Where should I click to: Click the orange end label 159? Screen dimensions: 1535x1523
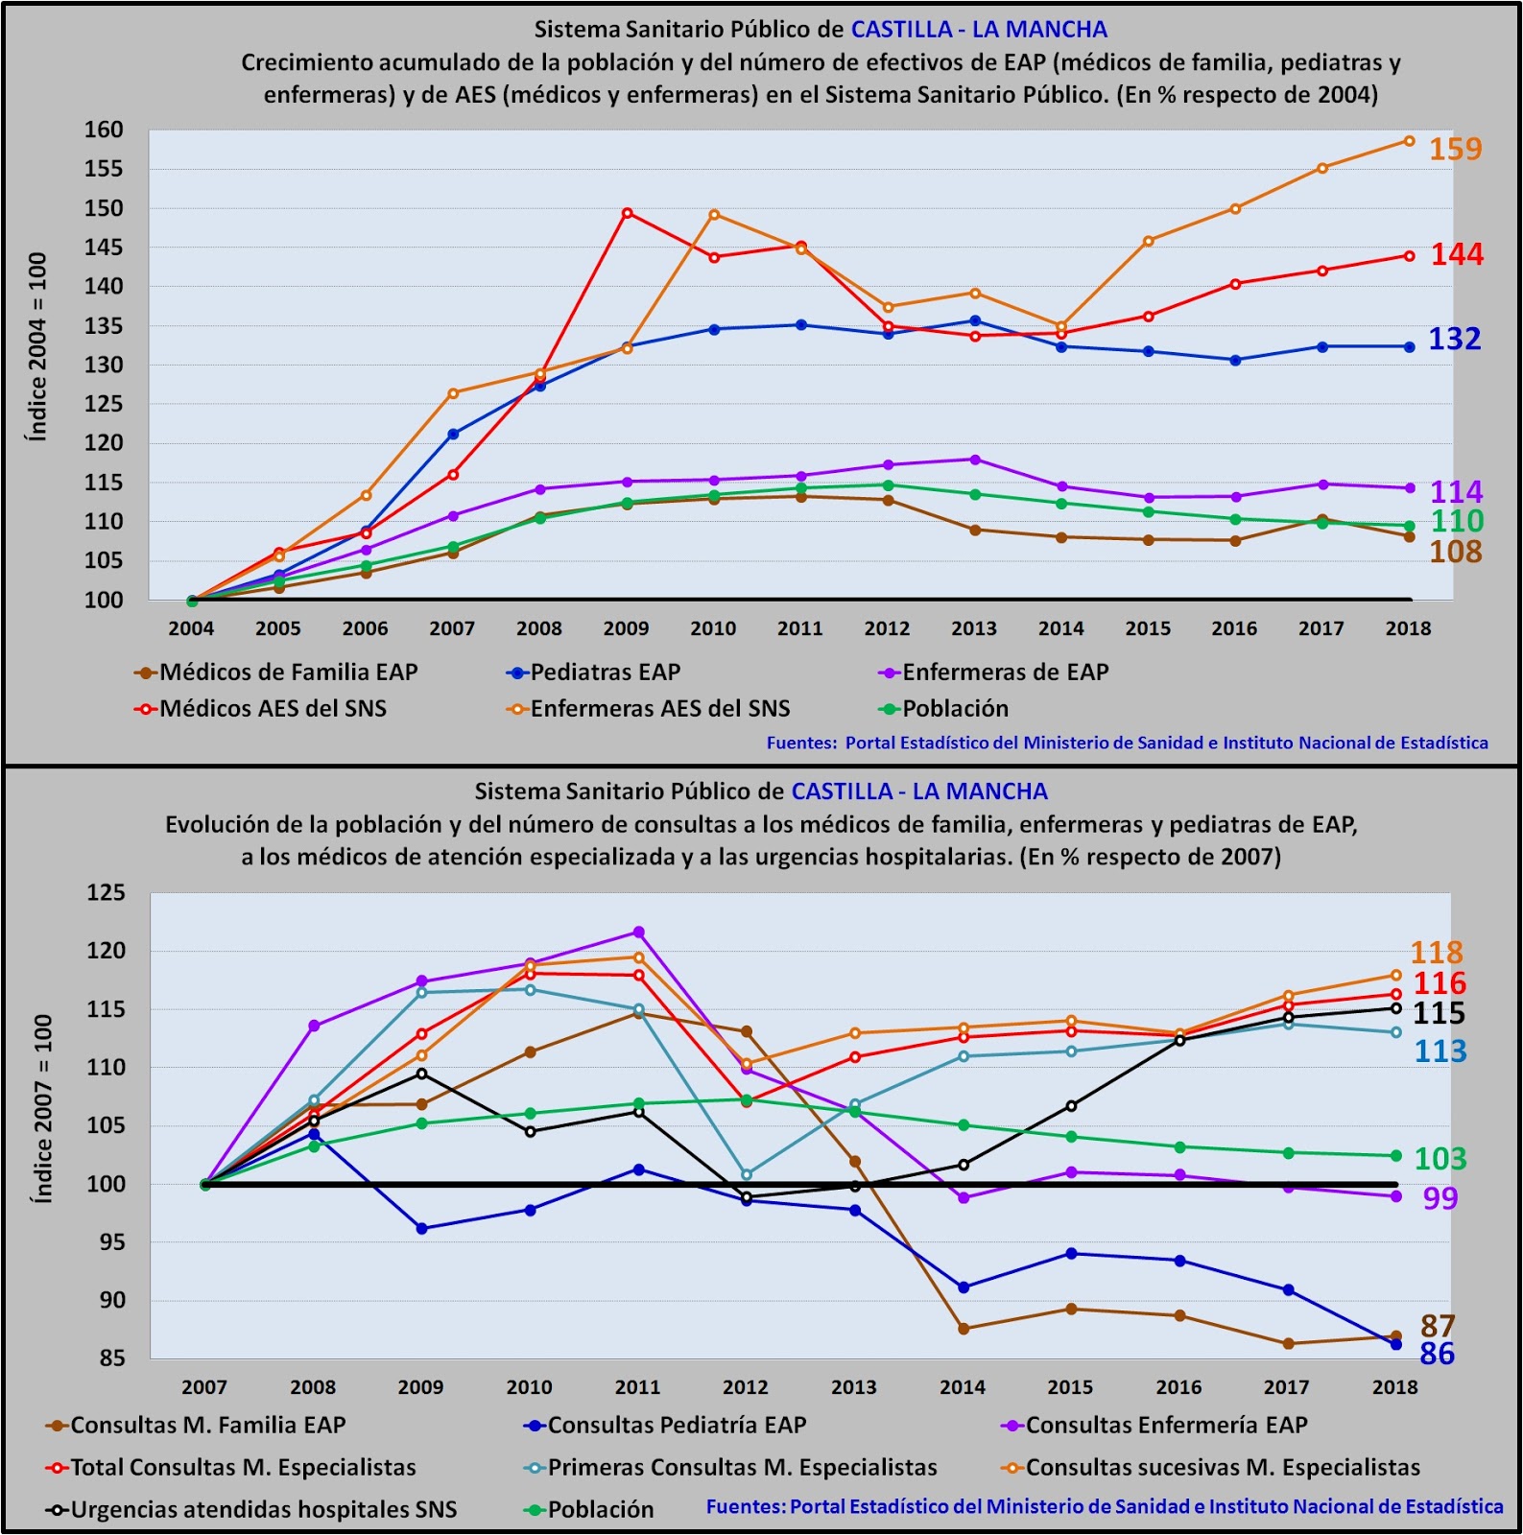click(1455, 150)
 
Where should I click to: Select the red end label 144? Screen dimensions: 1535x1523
click(1457, 254)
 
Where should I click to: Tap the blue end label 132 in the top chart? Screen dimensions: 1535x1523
click(1455, 339)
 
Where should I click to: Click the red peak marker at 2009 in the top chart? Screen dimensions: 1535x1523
click(627, 213)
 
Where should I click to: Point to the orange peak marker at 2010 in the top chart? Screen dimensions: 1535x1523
click(714, 215)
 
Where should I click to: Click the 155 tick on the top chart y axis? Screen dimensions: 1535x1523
click(104, 169)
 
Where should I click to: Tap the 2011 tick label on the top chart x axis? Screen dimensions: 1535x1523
click(800, 628)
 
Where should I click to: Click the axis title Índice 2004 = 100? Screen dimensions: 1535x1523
click(37, 347)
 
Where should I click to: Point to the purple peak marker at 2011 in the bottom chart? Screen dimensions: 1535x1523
click(638, 933)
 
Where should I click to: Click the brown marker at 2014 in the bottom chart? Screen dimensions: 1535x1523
click(964, 1329)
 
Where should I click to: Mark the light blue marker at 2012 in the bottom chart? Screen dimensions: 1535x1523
click(747, 1174)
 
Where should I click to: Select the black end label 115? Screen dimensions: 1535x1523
click(1439, 1013)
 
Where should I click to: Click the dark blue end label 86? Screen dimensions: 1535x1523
click(1437, 1354)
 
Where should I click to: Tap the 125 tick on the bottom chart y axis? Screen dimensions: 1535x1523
click(106, 892)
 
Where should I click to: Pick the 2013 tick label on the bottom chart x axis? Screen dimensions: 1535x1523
click(854, 1387)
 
